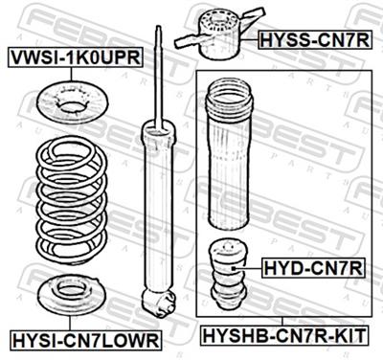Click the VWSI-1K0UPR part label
tap(76, 58)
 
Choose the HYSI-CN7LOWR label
tap(85, 339)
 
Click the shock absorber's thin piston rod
tap(157, 77)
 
